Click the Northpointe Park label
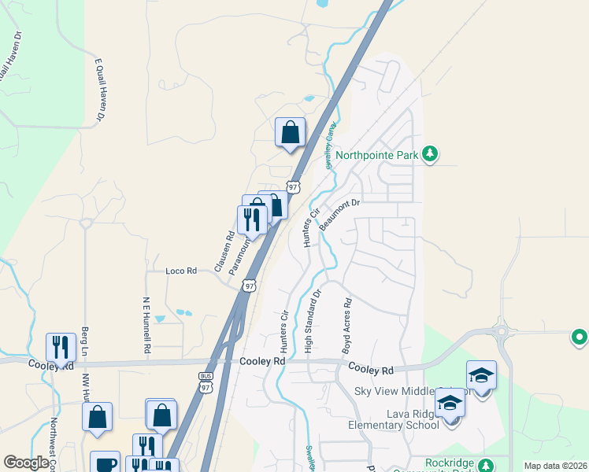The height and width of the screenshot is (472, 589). pos(376,155)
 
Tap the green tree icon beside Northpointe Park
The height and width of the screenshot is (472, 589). pos(429,153)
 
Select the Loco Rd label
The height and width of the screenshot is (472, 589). pos(180,271)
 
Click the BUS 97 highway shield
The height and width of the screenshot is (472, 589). pos(206,383)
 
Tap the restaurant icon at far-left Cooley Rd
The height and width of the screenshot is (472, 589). pos(61,346)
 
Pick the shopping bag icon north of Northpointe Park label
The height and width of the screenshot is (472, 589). pos(290,131)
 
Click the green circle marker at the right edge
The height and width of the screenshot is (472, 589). pos(579,337)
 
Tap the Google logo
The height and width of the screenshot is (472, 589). pos(26,462)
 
